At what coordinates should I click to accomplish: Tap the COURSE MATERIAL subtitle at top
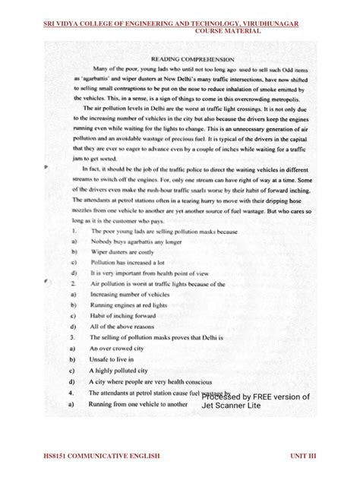click(228, 32)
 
